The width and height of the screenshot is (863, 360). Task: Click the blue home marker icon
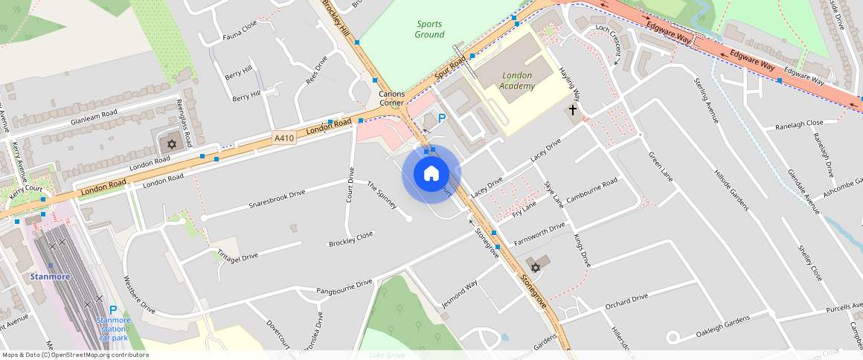point(431,174)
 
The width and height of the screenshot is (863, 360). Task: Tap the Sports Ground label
point(429,29)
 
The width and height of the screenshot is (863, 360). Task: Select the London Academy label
point(518,81)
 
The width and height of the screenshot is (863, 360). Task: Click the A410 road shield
point(284,138)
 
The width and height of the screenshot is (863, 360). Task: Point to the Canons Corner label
point(392,99)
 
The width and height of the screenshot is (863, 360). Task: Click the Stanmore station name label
point(50,277)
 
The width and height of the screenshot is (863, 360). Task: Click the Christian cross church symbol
point(573,110)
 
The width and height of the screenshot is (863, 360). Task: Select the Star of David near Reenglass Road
point(170,144)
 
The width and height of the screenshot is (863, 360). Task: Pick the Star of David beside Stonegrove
point(533,266)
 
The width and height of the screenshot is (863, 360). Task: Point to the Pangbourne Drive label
point(344,287)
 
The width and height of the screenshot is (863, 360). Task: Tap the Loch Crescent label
point(608,42)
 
